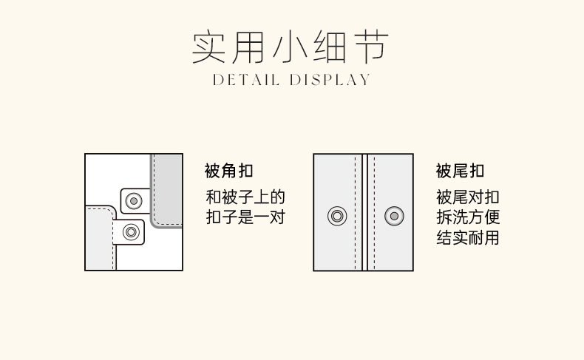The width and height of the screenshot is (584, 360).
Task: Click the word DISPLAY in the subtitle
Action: click(330, 80)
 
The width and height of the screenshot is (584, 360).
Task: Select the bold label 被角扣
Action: click(228, 171)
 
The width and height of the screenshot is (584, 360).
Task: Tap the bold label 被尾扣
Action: click(460, 171)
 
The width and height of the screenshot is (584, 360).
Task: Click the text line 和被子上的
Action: click(245, 197)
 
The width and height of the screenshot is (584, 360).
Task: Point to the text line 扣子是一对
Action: click(245, 217)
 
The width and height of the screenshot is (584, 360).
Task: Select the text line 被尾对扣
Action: click(467, 197)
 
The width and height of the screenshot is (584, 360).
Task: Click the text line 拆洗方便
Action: click(467, 217)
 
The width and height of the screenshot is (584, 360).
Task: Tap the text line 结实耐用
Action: click(467, 238)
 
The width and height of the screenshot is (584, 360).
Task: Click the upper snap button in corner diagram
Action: click(134, 200)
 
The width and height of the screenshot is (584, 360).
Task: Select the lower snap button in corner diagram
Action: click(132, 232)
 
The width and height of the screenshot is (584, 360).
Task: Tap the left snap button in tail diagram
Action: click(337, 217)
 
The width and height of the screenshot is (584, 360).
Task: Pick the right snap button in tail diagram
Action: click(394, 217)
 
